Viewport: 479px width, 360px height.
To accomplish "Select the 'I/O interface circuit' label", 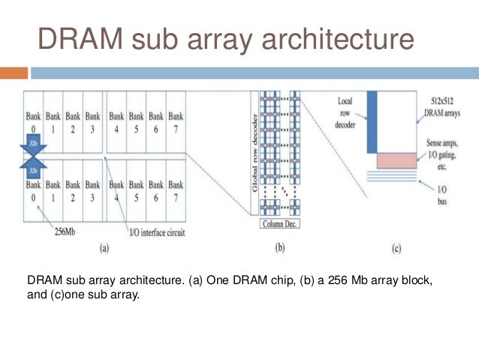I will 150,232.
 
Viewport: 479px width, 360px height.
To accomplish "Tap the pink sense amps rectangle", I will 396,160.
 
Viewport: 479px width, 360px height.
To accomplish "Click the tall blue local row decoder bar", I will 371,120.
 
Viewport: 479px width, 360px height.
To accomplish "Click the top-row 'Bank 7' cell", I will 176,123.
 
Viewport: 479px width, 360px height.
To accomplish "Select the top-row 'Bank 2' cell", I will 73,123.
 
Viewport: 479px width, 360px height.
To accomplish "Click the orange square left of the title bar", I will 14,73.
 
